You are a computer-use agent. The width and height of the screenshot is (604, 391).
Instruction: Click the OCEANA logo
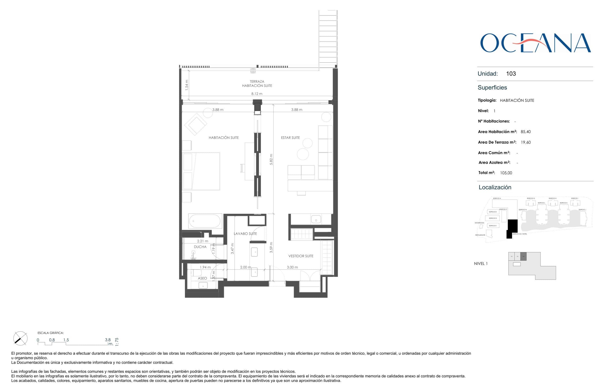535,43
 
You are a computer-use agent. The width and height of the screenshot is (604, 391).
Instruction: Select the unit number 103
511,74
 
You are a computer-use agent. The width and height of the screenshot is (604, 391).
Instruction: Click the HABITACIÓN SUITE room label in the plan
223,138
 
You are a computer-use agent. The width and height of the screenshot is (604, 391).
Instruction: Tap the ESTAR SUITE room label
290,138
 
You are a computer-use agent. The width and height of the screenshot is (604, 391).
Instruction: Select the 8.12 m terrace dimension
257,94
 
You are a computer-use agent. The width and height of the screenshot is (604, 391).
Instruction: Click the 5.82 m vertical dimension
271,159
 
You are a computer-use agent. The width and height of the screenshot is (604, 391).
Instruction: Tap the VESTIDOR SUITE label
301,256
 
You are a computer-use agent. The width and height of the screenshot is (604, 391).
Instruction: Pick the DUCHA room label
200,247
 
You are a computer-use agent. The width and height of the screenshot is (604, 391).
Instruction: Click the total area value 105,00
506,173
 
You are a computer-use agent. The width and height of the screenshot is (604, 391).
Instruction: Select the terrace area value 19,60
526,142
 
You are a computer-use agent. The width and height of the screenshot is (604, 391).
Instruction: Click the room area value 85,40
526,132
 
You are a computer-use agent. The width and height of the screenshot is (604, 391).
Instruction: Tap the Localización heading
495,187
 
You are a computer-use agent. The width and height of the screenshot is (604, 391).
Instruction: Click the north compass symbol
20,338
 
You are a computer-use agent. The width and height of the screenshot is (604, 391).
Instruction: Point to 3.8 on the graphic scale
108,340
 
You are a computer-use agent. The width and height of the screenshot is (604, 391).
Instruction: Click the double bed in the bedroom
201,171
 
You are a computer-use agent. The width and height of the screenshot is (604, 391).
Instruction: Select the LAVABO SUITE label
245,234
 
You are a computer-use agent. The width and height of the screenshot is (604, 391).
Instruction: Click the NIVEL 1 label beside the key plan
481,263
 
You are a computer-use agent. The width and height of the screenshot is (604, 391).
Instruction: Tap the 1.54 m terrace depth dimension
187,85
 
